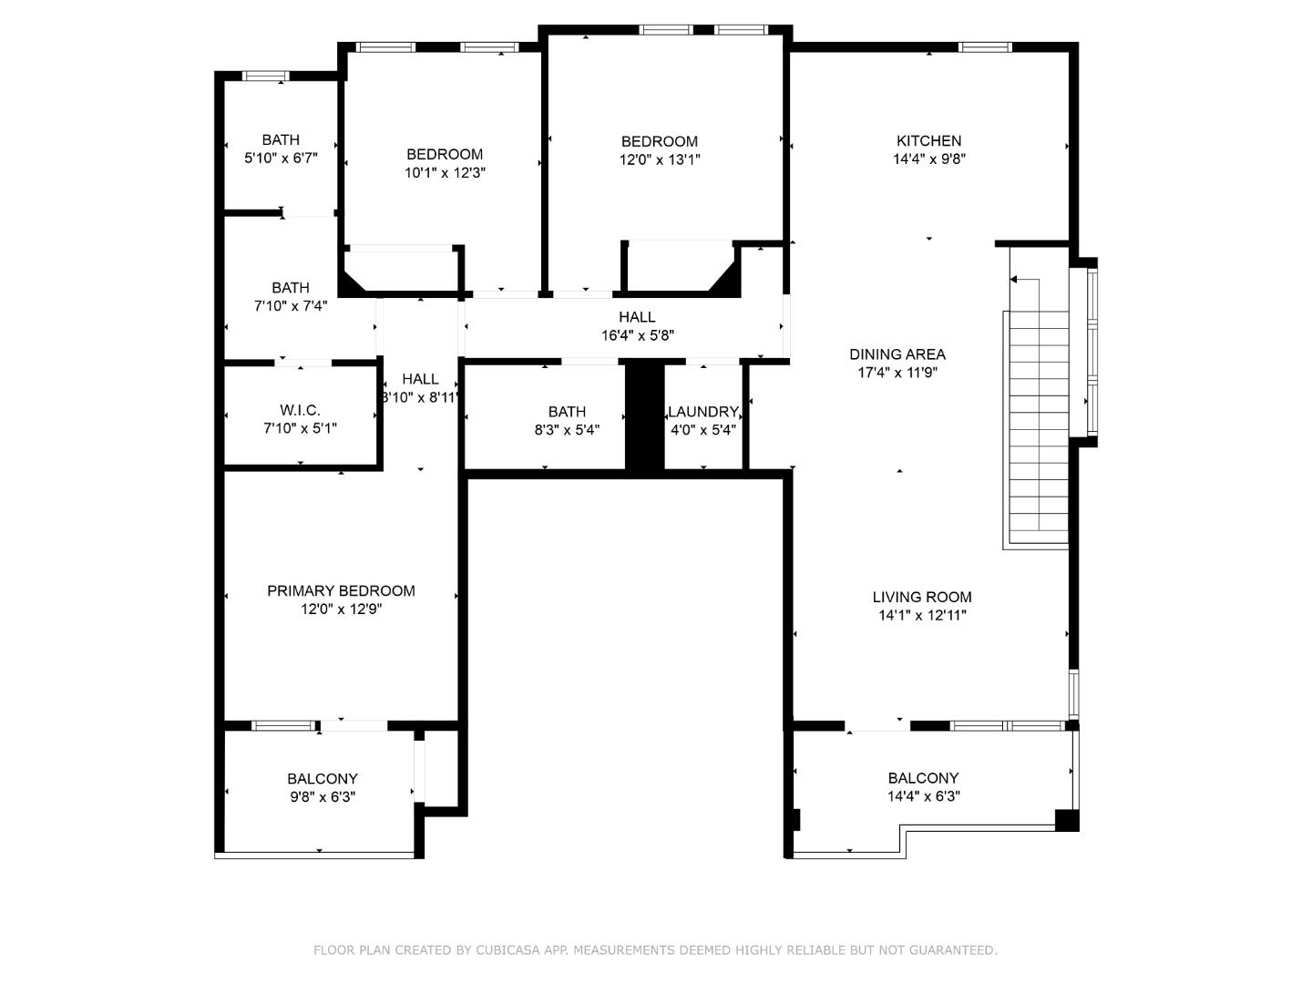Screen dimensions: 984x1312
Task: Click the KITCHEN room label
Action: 928,140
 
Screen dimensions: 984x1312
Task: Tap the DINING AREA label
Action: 897,354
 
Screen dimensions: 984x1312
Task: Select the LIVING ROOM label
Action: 922,597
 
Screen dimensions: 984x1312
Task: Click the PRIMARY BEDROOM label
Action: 341,590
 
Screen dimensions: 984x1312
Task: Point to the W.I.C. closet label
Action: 300,410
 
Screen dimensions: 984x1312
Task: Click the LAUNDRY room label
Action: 702,412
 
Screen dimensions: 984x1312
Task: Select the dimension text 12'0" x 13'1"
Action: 660,159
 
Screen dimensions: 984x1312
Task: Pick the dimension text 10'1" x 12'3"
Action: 445,172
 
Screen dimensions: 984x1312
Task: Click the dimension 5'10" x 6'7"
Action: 281,158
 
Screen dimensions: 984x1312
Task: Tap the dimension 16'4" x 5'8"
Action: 637,335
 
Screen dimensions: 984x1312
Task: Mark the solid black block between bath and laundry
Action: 644,416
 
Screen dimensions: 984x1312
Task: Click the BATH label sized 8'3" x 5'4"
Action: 567,412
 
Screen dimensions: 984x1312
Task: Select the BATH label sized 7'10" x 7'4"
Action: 291,288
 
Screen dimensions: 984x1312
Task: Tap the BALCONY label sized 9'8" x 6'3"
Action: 323,779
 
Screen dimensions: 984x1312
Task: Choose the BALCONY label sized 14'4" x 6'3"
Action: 923,778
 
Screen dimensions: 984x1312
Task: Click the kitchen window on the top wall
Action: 984,47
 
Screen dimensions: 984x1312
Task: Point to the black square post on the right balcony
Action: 1066,819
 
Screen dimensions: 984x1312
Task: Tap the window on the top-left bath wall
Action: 265,76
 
